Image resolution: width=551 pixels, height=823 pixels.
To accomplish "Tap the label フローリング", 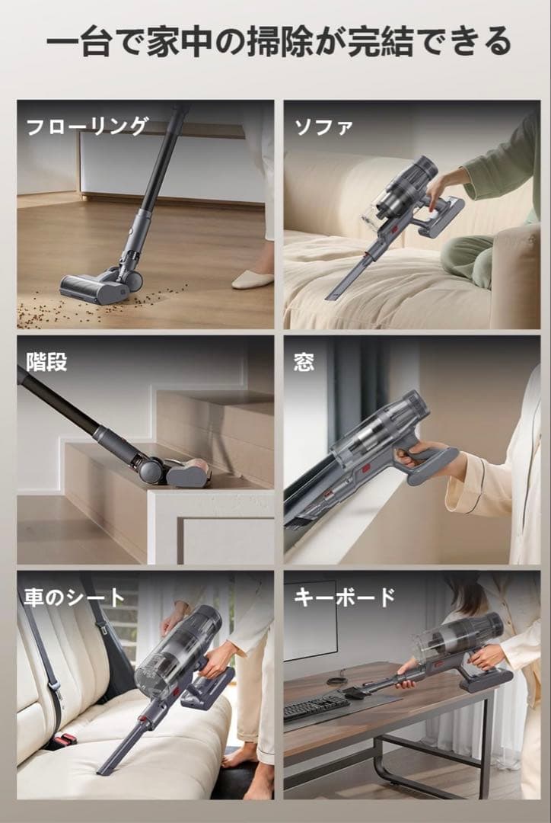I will point(86,126).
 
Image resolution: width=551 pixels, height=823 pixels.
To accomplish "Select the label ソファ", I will point(323,126).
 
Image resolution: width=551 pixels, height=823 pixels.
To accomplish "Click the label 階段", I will point(46,362).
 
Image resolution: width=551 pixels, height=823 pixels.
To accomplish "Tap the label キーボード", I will point(345,597).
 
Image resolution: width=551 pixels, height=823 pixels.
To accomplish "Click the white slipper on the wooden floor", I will point(252,279).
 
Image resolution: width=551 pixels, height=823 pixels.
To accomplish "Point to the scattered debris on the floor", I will point(61,309).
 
